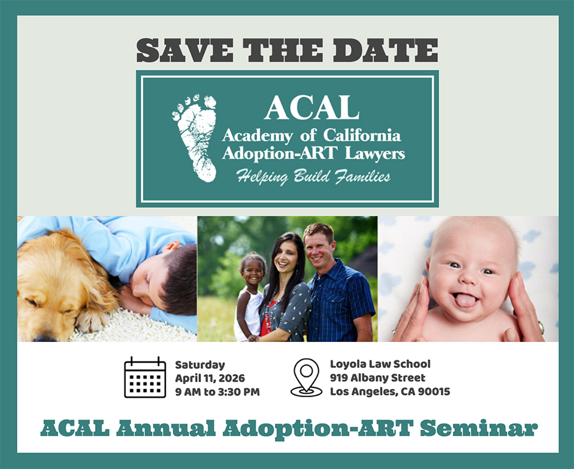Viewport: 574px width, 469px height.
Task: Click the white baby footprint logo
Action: tap(195, 138)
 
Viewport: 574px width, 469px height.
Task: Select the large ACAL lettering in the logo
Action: tap(312, 107)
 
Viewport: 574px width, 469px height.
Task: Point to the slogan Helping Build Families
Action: tap(313, 176)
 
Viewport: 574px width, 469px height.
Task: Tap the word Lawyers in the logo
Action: tap(375, 153)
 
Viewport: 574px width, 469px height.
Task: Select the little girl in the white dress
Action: tap(250, 297)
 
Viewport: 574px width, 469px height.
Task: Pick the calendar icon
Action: tap(145, 377)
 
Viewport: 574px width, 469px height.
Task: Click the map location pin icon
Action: tap(307, 378)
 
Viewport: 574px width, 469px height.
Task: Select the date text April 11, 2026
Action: tap(210, 378)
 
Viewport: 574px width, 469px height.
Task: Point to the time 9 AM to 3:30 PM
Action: tap(218, 392)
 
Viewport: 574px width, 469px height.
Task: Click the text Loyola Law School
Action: tap(381, 364)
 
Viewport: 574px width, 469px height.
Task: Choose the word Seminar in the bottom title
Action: tap(479, 428)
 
